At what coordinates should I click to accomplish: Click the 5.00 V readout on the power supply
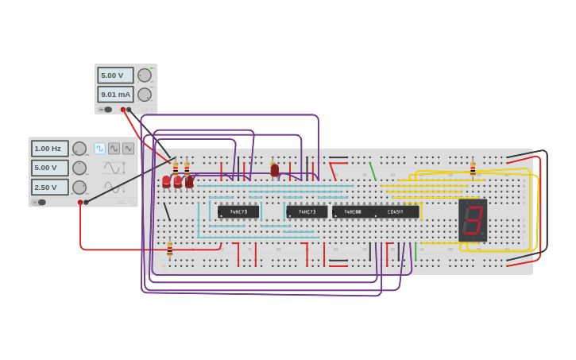tap(114, 75)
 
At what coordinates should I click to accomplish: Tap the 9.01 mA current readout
tap(114, 95)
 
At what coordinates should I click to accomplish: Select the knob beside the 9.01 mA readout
tap(144, 95)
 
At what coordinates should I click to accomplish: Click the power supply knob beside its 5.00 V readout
tap(144, 75)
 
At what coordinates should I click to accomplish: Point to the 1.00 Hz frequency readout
tap(49, 149)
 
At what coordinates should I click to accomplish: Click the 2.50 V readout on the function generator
tap(49, 187)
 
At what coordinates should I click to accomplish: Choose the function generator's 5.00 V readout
tap(49, 168)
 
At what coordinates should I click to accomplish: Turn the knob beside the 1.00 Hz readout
tap(79, 149)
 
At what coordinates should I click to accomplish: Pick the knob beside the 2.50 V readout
tap(79, 187)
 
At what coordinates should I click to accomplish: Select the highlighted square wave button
tap(99, 148)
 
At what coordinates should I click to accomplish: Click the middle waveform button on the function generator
tap(114, 148)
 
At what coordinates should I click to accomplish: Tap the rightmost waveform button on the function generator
tap(128, 148)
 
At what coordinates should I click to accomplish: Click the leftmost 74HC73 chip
tap(238, 212)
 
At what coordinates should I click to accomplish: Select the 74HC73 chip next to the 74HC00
tap(307, 212)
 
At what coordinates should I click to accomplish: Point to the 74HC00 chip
tap(352, 212)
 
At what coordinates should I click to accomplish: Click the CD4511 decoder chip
tap(396, 212)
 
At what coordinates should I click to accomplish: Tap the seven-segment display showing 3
tap(473, 220)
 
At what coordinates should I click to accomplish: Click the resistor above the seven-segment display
tap(473, 169)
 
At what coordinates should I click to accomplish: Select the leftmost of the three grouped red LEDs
tap(166, 182)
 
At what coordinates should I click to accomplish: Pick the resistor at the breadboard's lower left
tap(169, 250)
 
